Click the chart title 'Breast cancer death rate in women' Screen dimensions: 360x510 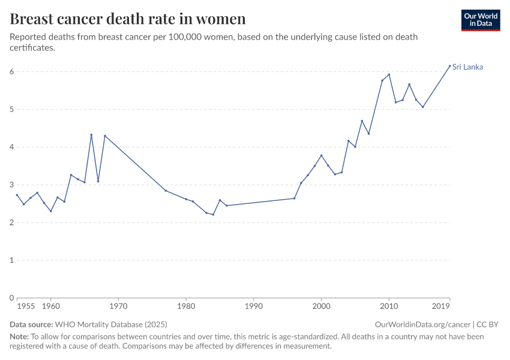point(127,19)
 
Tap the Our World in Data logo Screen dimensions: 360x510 point(480,20)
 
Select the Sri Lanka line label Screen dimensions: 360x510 point(467,67)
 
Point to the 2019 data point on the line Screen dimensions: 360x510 point(449,66)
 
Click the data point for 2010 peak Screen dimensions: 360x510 point(389,74)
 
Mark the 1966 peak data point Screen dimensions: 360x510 point(91,134)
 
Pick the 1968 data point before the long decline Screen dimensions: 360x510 point(104,136)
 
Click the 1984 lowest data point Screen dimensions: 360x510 point(213,215)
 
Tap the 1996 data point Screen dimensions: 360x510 point(294,198)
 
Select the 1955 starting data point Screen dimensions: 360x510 point(17,194)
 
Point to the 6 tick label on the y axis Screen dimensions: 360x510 point(11,72)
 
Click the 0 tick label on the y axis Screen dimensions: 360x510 point(11,298)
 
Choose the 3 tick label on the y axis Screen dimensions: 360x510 point(11,185)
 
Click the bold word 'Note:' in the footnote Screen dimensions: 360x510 point(19,337)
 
